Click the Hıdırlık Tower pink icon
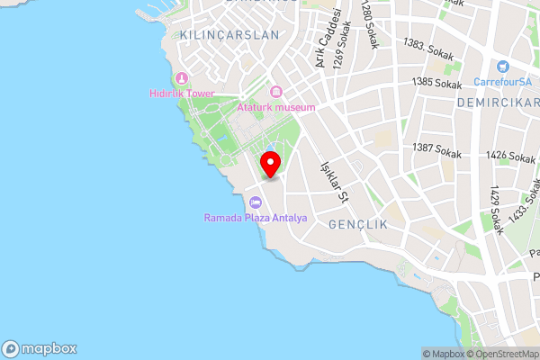(182, 78)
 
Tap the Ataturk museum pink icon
(276, 92)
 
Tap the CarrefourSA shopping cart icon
(502, 66)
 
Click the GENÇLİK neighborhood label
(357, 222)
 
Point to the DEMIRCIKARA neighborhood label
(496, 103)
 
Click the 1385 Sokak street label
(436, 84)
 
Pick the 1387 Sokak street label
(436, 150)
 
